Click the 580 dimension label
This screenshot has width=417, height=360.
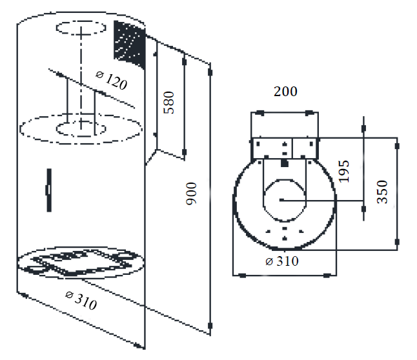coord(168,103)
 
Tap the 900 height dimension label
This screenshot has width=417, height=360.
coord(191,194)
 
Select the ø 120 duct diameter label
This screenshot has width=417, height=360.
coord(112,80)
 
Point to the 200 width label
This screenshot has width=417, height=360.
coord(285,92)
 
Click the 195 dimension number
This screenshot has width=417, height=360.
coord(343,172)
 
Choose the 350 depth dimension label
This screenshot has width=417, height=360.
coord(382,192)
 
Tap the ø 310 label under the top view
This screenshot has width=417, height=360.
coord(282,261)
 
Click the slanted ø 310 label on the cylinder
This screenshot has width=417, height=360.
coord(81,301)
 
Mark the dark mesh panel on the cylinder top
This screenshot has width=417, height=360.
coord(130,44)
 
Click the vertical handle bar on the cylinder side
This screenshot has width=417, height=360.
coord(49,190)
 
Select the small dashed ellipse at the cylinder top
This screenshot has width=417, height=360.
coord(81,28)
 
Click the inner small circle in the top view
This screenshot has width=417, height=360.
coord(284,200)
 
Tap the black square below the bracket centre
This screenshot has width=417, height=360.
coord(285,163)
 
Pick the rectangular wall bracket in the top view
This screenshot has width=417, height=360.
coord(285,148)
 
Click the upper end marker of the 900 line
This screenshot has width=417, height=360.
coord(210,72)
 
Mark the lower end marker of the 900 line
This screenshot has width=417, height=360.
coord(210,325)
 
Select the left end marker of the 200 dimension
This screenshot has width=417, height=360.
coord(260,113)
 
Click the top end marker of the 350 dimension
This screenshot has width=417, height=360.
coord(397,146)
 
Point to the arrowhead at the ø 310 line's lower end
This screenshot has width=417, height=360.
coord(138,345)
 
